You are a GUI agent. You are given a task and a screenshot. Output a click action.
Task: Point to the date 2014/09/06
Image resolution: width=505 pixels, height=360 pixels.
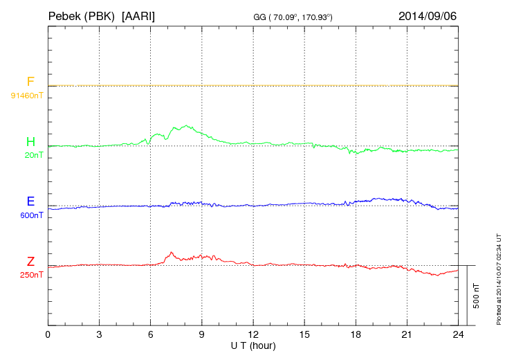[428, 15]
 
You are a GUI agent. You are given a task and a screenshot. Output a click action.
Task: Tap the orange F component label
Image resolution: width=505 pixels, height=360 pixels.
[30, 82]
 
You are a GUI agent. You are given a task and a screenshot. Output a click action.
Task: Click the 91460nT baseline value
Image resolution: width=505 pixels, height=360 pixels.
[26, 95]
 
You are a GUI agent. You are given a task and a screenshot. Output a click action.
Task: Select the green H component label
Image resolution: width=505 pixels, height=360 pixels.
[30, 143]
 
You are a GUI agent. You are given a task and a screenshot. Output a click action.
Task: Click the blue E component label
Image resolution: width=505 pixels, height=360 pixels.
[30, 202]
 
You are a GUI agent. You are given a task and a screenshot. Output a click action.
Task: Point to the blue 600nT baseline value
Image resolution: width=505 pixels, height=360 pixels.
[32, 215]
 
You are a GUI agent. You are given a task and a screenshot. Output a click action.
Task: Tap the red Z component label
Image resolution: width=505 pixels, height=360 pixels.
[30, 262]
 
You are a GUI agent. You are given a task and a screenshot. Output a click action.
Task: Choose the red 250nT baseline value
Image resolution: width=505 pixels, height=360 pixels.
[32, 275]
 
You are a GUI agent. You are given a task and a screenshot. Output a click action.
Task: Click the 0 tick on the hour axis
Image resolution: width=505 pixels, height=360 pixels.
[48, 334]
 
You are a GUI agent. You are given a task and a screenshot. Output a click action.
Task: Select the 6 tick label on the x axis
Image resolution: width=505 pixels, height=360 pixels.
[151, 334]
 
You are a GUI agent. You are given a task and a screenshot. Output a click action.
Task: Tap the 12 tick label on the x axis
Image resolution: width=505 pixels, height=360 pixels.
[253, 334]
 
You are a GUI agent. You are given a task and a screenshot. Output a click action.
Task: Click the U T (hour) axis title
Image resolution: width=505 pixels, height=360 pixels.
[253, 345]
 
